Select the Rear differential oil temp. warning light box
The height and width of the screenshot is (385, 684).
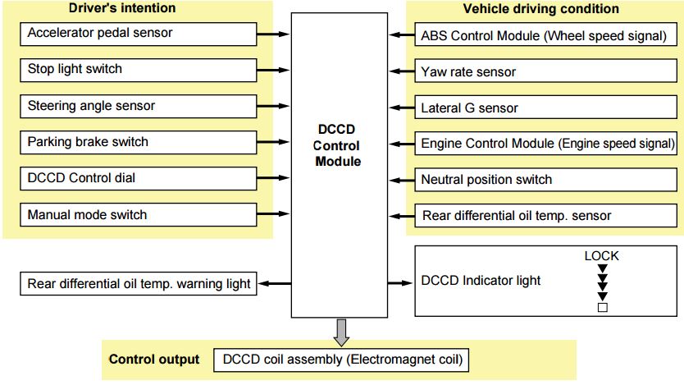[138, 284]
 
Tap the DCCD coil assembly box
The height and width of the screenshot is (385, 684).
[342, 360]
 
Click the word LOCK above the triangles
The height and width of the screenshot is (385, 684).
[601, 256]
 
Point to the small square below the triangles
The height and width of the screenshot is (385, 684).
[602, 308]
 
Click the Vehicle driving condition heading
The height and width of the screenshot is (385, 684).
[540, 10]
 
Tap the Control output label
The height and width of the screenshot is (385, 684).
[154, 360]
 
